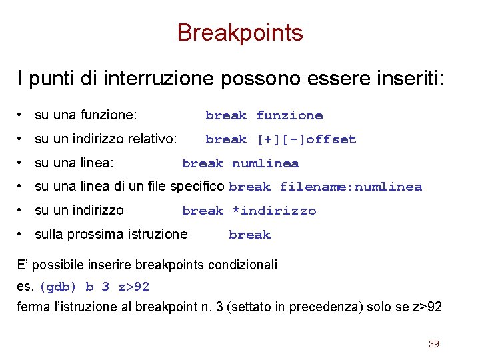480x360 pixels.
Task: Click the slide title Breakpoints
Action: point(240,33)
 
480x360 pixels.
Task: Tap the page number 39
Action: point(433,344)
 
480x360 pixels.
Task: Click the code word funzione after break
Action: point(289,116)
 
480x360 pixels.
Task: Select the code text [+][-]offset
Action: point(306,139)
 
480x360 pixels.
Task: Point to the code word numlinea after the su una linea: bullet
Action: point(265,163)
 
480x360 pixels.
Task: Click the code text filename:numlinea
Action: point(351,187)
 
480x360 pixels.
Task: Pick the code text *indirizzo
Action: point(273,211)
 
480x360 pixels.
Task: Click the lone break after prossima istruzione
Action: point(249,235)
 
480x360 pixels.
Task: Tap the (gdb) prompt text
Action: point(58,287)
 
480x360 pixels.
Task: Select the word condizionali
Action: point(243,265)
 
